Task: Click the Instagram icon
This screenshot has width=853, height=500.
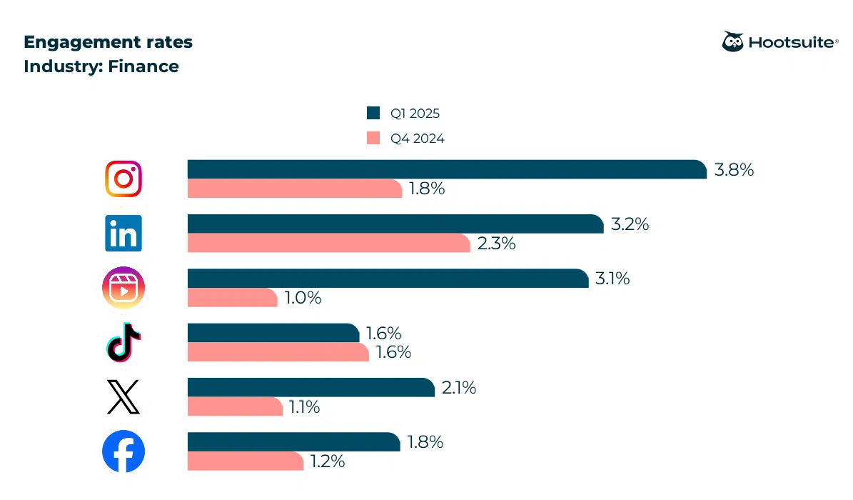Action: (123, 179)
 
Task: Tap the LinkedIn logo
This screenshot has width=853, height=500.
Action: (123, 233)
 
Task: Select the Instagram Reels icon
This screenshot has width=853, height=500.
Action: (123, 288)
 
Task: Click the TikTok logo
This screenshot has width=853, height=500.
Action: (123, 342)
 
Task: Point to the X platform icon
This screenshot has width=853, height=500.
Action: (123, 397)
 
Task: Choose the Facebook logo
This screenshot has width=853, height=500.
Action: (123, 451)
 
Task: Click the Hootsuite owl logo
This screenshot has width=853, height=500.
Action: (733, 42)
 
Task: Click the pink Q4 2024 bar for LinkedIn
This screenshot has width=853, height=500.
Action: (328, 243)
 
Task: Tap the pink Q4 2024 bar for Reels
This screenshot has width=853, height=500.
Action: (232, 298)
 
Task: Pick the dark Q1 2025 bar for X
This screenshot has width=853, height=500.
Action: (311, 387)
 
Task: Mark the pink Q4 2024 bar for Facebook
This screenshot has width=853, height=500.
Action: (246, 461)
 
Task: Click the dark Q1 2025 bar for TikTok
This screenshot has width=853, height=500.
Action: (273, 333)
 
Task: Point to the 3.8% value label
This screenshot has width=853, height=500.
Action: (734, 170)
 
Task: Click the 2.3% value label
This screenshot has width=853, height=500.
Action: (495, 244)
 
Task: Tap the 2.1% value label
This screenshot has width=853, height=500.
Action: (459, 388)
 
